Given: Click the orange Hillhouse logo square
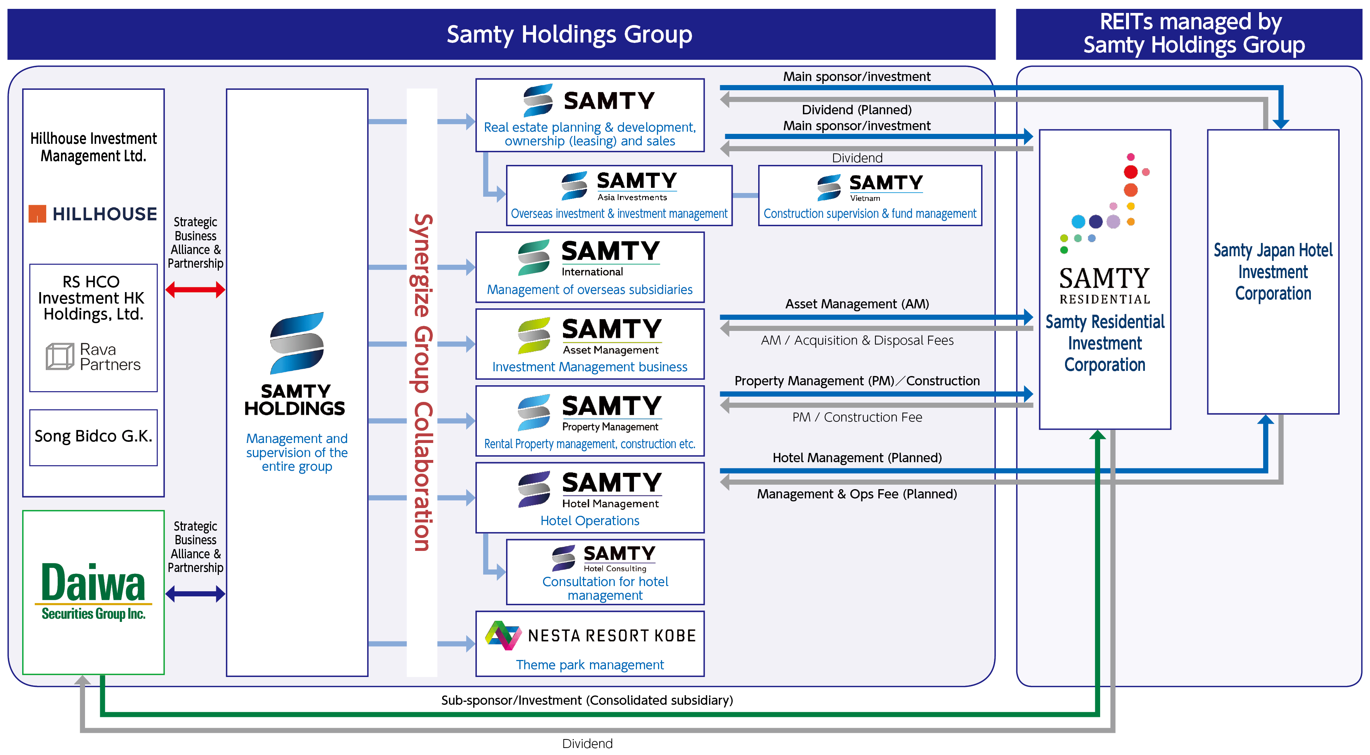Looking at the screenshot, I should coord(37,214).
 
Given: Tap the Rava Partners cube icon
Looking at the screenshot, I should coord(60,356).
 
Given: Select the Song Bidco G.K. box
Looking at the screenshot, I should coord(94,437).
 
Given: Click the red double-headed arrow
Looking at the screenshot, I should coord(195,290).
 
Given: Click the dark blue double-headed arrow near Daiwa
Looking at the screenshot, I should coord(195,594).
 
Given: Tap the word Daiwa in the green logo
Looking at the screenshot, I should coord(93,583).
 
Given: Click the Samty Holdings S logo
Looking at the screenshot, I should coord(297,343).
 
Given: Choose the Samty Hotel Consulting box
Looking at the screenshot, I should coord(605,572).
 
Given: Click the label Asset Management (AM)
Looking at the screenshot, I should coord(857,304).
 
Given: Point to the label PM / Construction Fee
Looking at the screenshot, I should coord(857,417).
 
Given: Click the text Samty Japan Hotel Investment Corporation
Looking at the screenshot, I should coord(1273,272).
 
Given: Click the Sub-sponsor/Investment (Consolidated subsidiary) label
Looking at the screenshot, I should coord(587,700).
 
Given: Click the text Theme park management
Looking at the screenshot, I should coord(589,665).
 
